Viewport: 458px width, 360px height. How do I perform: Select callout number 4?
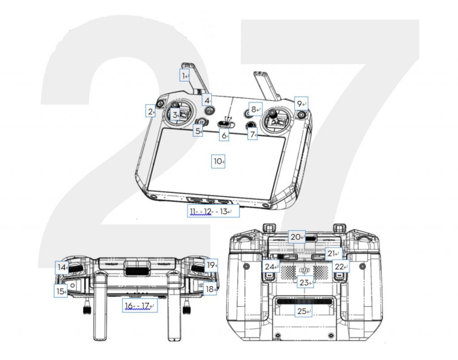(207, 100)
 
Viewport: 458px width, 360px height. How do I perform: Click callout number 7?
(253, 134)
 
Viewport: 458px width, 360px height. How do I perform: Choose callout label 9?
(301, 103)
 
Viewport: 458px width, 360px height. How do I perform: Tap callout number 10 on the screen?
(218, 161)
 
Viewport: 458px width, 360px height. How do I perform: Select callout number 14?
(62, 268)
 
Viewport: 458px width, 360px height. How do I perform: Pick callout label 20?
(296, 237)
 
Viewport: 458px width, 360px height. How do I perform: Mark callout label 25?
(304, 311)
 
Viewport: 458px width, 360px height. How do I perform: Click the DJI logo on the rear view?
(305, 270)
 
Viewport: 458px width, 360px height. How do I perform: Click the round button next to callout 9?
(302, 115)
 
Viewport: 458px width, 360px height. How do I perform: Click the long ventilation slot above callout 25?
(304, 302)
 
